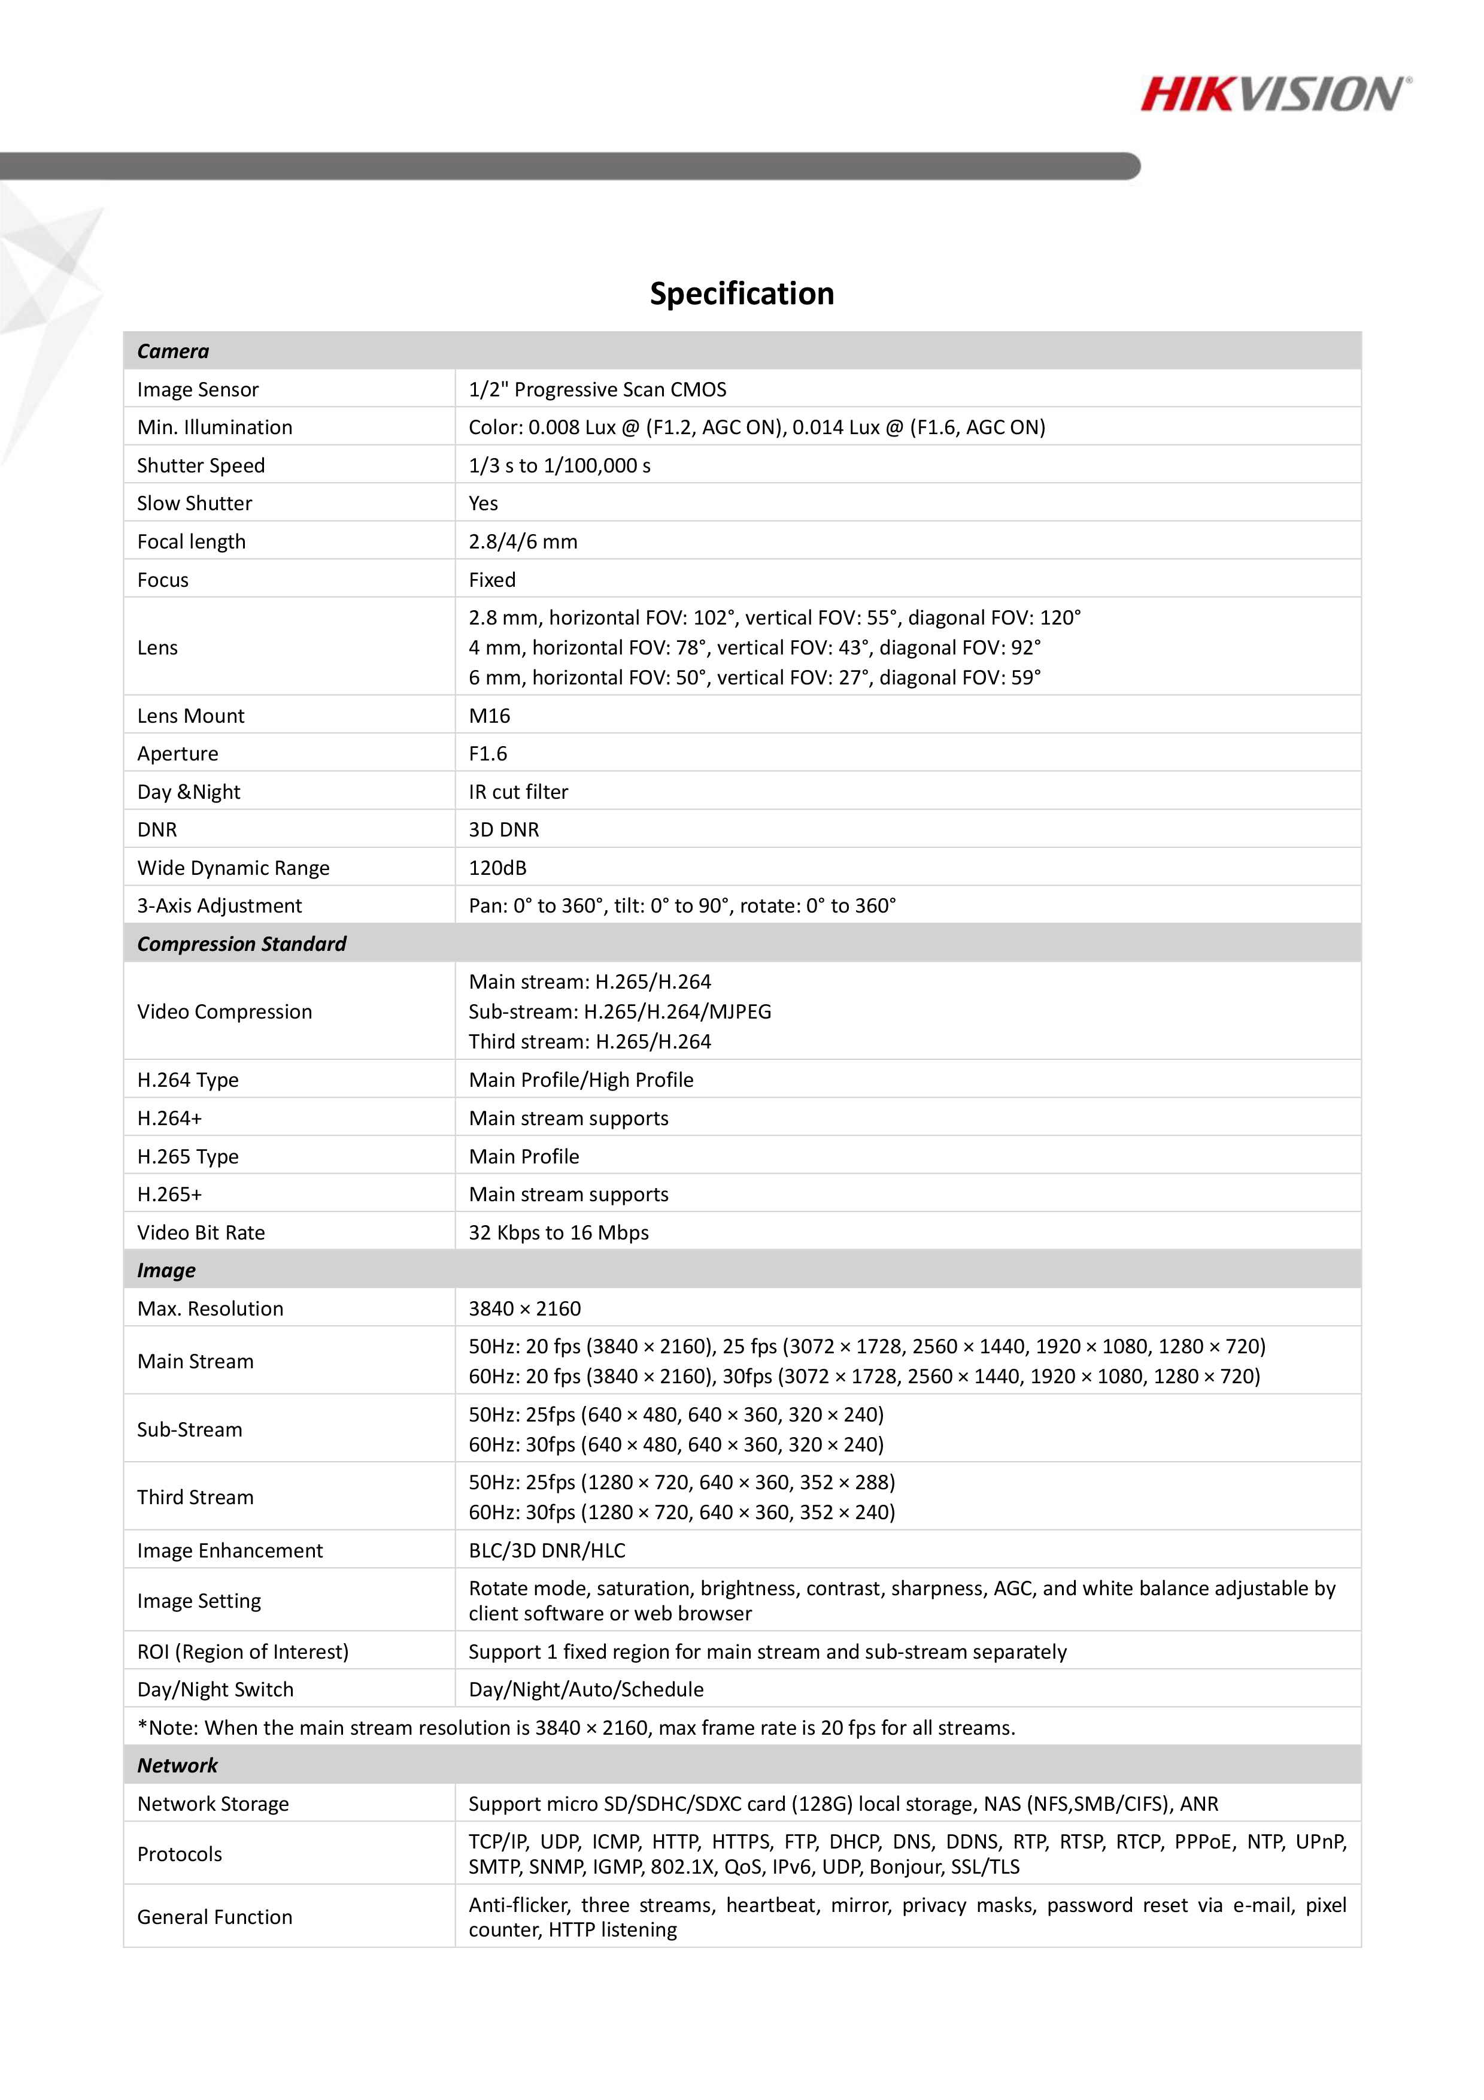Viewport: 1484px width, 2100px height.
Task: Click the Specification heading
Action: pyautogui.click(x=742, y=293)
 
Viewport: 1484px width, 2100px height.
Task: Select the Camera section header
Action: pyautogui.click(x=173, y=351)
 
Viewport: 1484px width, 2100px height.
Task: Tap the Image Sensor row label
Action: pyautogui.click(x=198, y=390)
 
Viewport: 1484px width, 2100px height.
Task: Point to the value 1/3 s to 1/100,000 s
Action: pyautogui.click(x=560, y=465)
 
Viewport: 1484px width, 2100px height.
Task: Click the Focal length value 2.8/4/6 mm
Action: pyautogui.click(x=523, y=541)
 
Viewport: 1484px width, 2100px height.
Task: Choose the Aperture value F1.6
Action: pyautogui.click(x=487, y=754)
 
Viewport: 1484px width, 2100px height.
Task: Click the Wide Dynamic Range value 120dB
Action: pyautogui.click(x=497, y=868)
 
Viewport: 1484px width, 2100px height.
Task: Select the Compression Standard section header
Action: pyautogui.click(x=241, y=944)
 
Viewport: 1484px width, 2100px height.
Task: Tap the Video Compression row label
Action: pyautogui.click(x=224, y=1011)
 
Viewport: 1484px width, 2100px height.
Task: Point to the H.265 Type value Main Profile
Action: pyautogui.click(x=524, y=1156)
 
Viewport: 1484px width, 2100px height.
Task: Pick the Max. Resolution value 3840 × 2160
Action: pyautogui.click(x=525, y=1309)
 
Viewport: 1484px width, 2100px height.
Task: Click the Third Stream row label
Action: pyautogui.click(x=195, y=1497)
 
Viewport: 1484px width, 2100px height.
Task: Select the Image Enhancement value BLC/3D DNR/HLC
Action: pyautogui.click(x=547, y=1550)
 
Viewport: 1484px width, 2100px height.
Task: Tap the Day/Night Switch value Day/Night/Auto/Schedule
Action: pyautogui.click(x=586, y=1689)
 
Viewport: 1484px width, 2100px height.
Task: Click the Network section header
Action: pyautogui.click(x=177, y=1765)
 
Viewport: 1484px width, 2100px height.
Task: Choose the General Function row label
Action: pyautogui.click(x=215, y=1917)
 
